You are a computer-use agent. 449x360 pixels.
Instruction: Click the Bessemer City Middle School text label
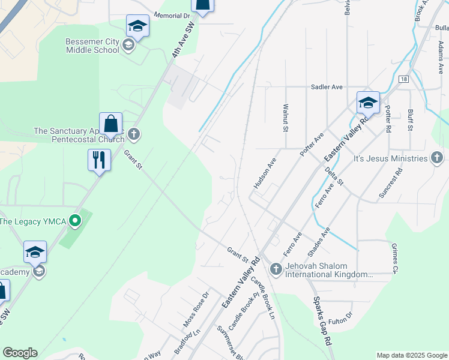(x=92, y=45)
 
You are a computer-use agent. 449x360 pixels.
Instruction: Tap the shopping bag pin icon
(x=111, y=125)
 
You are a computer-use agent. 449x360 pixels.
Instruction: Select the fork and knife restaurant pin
(x=99, y=160)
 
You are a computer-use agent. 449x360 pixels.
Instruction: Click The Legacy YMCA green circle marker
(x=75, y=221)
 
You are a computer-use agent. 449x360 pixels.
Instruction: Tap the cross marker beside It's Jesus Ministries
(x=437, y=158)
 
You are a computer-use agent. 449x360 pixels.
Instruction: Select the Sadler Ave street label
(x=327, y=87)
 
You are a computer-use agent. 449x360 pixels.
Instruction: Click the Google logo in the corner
(x=20, y=353)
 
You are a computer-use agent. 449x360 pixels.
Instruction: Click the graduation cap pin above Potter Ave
(x=368, y=103)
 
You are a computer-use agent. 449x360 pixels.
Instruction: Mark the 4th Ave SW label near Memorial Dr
(x=184, y=41)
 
